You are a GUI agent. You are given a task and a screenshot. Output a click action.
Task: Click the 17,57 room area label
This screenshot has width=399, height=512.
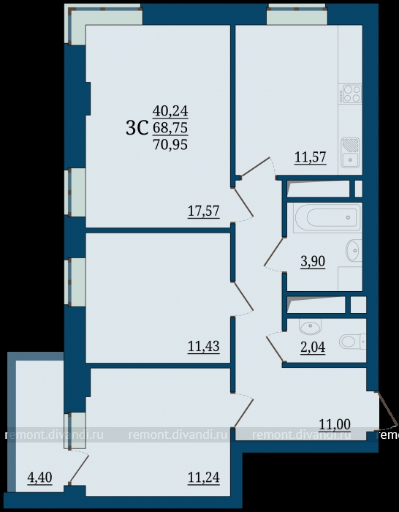pyautogui.click(x=204, y=211)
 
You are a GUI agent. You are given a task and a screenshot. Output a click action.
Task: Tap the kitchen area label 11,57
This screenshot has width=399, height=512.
pyautogui.click(x=311, y=157)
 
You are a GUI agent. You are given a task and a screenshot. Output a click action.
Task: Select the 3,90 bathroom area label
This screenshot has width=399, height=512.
pyautogui.click(x=313, y=262)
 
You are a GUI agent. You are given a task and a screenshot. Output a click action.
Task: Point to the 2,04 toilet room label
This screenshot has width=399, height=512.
pyautogui.click(x=313, y=347)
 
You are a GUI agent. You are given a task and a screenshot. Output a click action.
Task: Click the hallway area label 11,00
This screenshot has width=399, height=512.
pyautogui.click(x=335, y=424)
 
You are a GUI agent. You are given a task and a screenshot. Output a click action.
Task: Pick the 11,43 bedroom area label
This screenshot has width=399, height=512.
pyautogui.click(x=204, y=347)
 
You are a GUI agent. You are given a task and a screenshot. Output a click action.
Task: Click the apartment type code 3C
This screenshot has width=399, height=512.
pyautogui.click(x=137, y=128)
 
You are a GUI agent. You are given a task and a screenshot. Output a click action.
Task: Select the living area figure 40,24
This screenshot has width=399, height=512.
pyautogui.click(x=170, y=111)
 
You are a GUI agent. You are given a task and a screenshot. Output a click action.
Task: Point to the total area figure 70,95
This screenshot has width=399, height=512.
pyautogui.click(x=170, y=144)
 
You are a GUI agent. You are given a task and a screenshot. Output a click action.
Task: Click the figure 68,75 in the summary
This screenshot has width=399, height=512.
pyautogui.click(x=170, y=128)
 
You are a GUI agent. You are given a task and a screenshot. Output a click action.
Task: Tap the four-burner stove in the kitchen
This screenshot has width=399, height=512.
pyautogui.click(x=350, y=94)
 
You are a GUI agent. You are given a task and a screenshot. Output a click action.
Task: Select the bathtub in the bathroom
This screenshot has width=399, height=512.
pyautogui.click(x=327, y=218)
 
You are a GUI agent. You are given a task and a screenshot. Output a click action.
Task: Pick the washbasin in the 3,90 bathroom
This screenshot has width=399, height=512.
pyautogui.click(x=354, y=250)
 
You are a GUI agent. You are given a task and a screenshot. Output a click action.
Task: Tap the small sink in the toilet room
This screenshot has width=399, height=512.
pyautogui.click(x=310, y=326)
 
